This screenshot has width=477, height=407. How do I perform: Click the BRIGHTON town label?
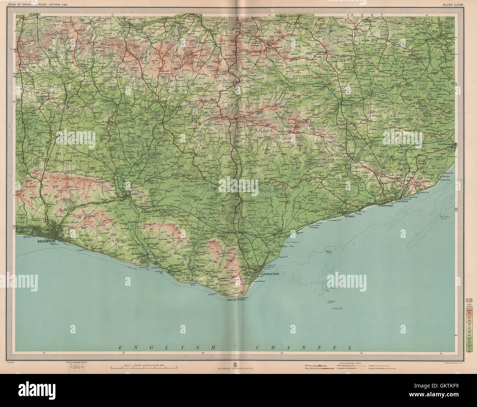coord(46,242)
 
